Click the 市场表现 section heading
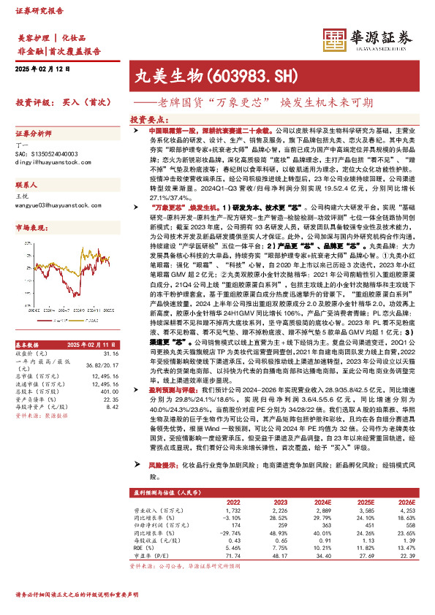coord(31,229)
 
